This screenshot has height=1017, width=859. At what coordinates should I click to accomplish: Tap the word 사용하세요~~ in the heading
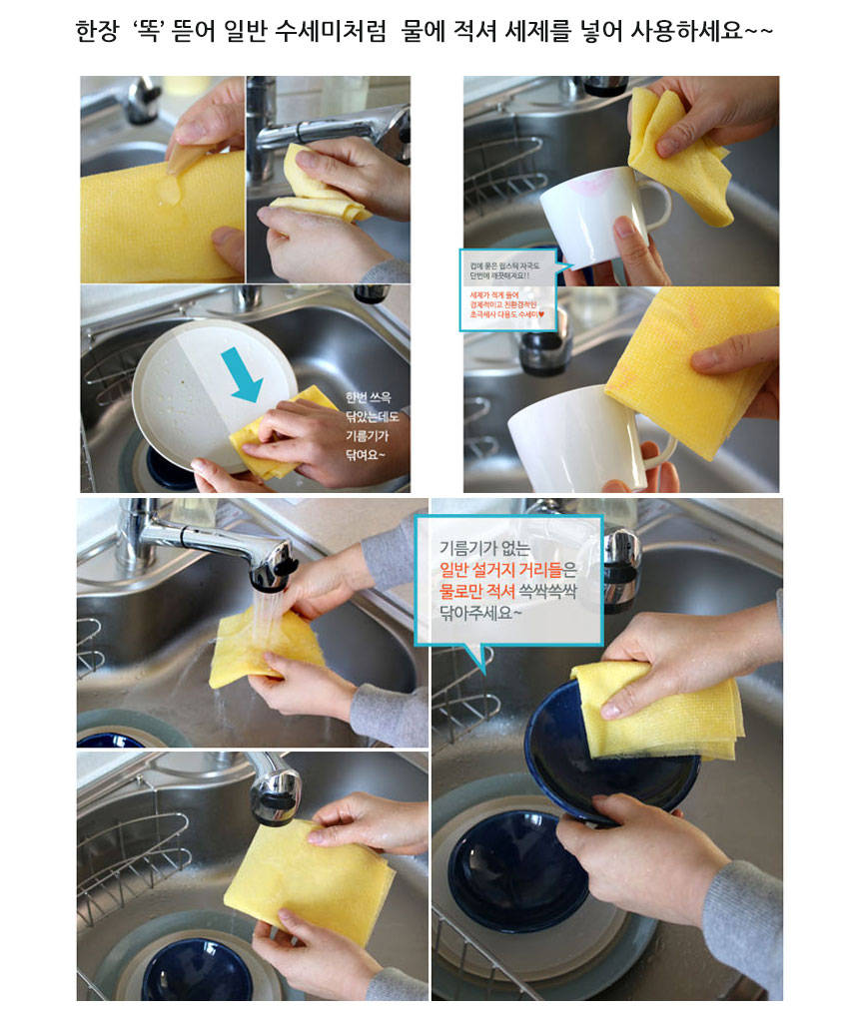[699, 32]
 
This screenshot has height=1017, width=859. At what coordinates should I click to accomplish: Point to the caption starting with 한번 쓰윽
[370, 425]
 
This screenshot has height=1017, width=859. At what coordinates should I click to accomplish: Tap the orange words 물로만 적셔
[476, 591]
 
